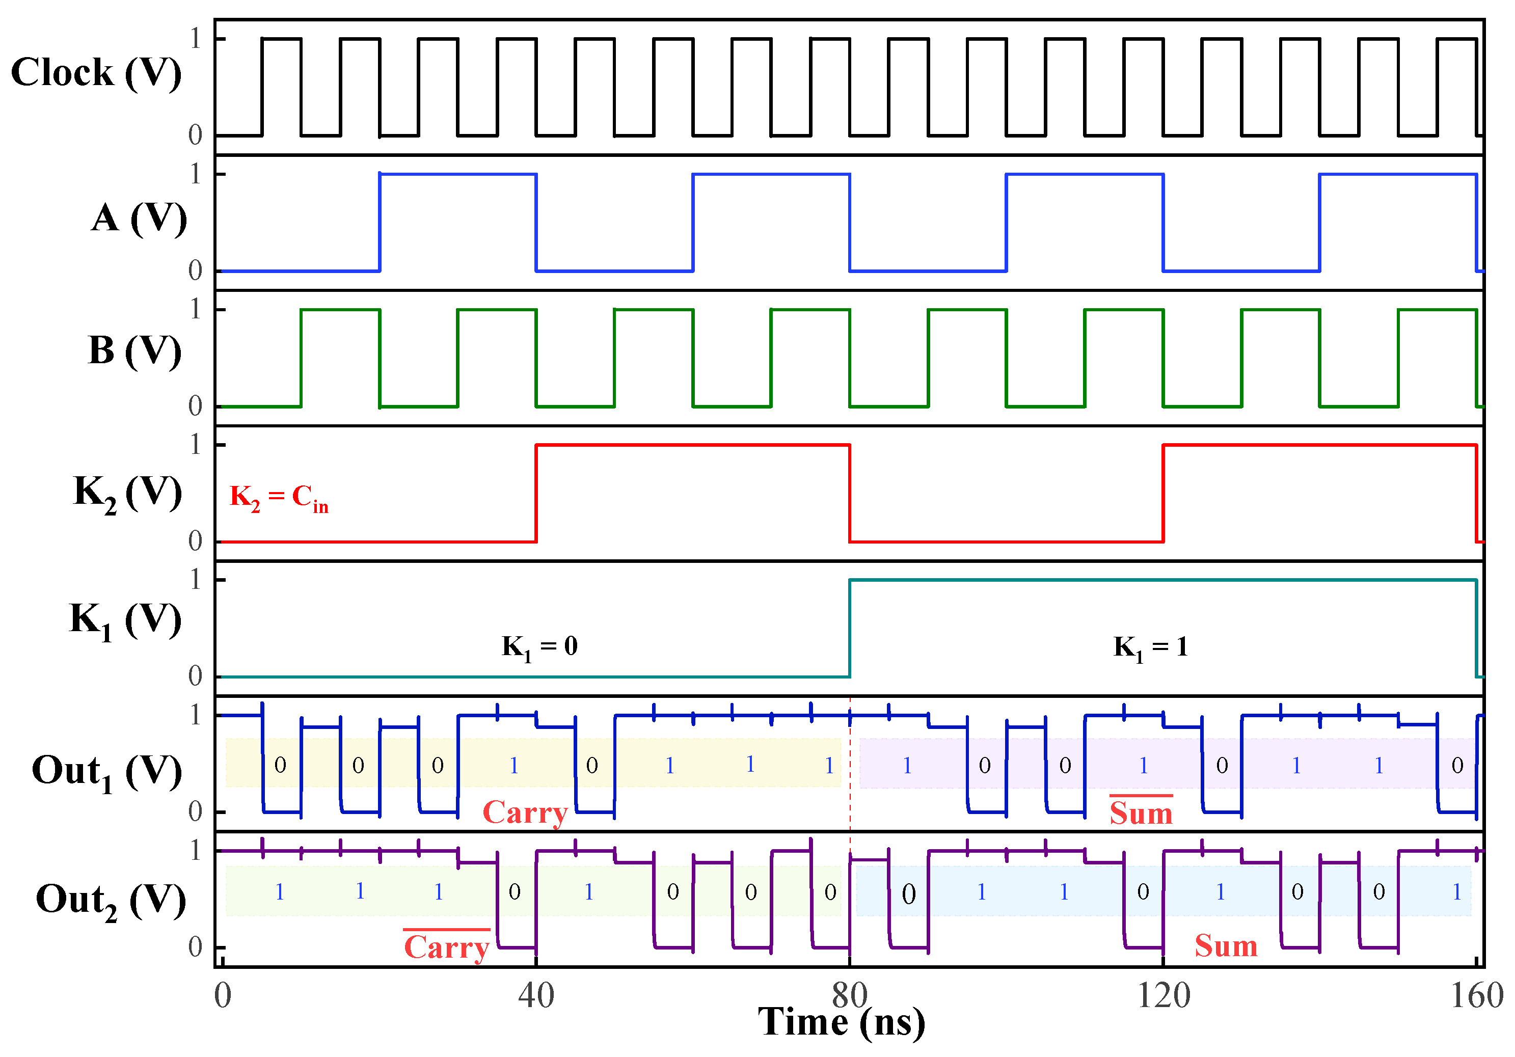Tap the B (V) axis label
[x=134, y=350]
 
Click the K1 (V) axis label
[x=125, y=620]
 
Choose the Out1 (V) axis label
[x=107, y=772]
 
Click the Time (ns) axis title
[x=842, y=1021]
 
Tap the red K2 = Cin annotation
[x=279, y=498]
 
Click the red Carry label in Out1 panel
[x=525, y=812]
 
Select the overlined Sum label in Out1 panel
[x=1141, y=812]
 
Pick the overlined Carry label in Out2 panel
[x=447, y=947]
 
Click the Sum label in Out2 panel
[x=1226, y=945]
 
